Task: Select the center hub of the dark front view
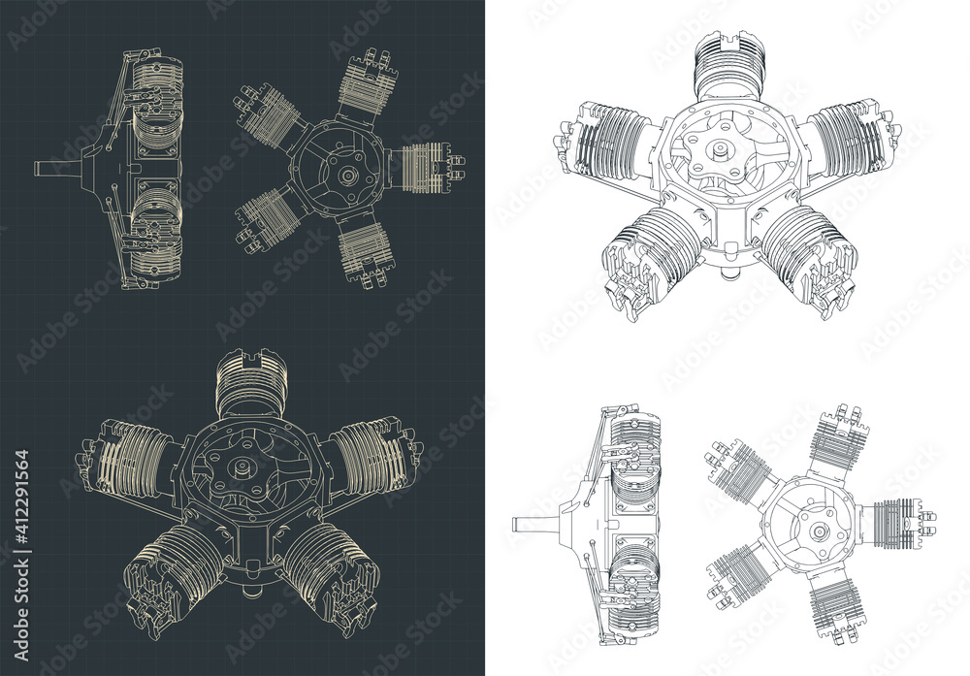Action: (345, 176)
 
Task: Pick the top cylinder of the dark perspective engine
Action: (250, 384)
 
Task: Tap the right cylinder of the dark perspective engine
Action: (373, 451)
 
